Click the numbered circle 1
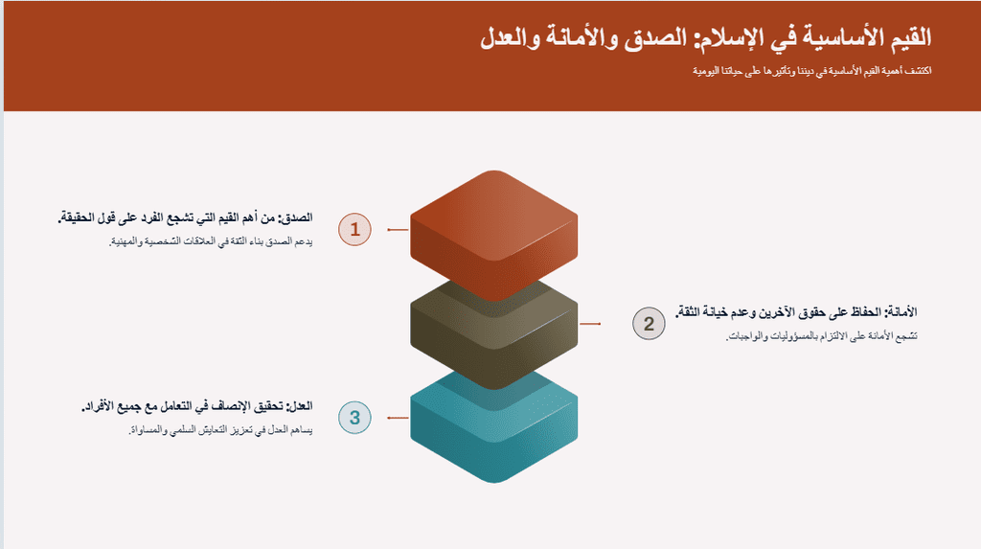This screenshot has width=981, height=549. [x=354, y=229]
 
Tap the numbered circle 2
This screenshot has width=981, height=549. [x=649, y=324]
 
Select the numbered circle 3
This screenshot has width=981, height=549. [x=354, y=418]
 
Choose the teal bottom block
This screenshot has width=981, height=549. [x=493, y=432]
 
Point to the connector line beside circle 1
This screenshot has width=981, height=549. [x=398, y=230]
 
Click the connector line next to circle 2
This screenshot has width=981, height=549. [x=590, y=324]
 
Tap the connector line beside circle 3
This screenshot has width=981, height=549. [x=398, y=418]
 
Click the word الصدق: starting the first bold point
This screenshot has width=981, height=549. [x=295, y=217]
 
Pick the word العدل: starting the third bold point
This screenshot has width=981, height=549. [x=299, y=405]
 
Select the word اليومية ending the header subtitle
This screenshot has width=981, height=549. [x=705, y=71]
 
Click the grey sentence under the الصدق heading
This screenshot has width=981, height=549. [x=211, y=241]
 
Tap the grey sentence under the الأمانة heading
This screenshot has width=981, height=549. [x=821, y=337]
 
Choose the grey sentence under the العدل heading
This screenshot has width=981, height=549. [x=220, y=430]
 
